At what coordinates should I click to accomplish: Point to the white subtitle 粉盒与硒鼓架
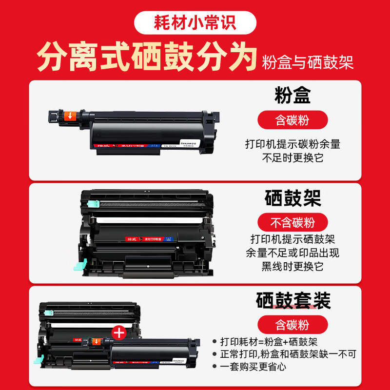tap(308, 62)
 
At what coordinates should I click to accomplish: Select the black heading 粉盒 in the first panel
tap(292, 96)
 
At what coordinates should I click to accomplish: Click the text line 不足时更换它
tap(292, 157)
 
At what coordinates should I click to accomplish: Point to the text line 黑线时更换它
tap(293, 266)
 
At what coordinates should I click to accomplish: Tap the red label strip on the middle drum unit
tap(141, 239)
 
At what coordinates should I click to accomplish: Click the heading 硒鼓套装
tap(293, 300)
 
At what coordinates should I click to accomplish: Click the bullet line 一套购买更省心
tap(257, 366)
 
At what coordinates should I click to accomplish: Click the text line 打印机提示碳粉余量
tap(292, 144)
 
